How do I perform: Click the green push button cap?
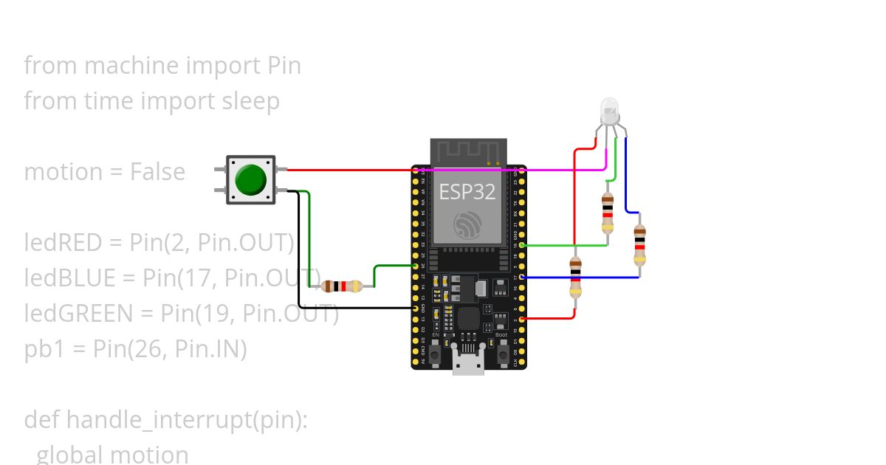pyautogui.click(x=250, y=179)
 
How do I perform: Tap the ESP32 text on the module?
pyautogui.click(x=467, y=192)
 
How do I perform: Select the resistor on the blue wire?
pyautogui.click(x=639, y=245)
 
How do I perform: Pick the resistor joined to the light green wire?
pyautogui.click(x=607, y=212)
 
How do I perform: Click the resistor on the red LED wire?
pyautogui.click(x=575, y=277)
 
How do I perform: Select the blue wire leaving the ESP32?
pyautogui.click(x=583, y=278)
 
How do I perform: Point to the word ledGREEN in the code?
pyautogui.click(x=78, y=314)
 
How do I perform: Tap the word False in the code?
pyautogui.click(x=157, y=172)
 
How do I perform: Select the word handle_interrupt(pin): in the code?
pyautogui.click(x=187, y=420)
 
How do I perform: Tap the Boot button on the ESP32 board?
pyautogui.click(x=502, y=354)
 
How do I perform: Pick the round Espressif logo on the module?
pyautogui.click(x=467, y=225)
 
